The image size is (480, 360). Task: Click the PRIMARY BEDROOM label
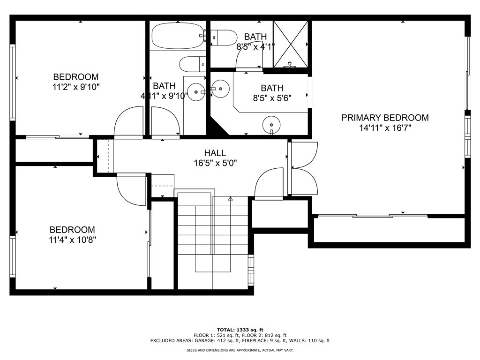pos(384,118)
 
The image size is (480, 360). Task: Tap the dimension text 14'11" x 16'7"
pos(384,127)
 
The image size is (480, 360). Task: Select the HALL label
pos(215,153)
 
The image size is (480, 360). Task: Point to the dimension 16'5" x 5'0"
pos(215,163)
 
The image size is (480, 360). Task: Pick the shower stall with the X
pos(290,44)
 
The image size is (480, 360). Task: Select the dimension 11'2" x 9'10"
pos(75,86)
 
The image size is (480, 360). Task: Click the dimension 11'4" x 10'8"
pos(72,240)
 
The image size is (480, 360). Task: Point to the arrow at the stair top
pos(230,199)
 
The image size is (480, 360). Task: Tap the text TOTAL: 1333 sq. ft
pos(240,330)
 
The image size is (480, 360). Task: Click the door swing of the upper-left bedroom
pos(127,122)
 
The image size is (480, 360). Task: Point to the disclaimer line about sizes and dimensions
pos(240,350)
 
